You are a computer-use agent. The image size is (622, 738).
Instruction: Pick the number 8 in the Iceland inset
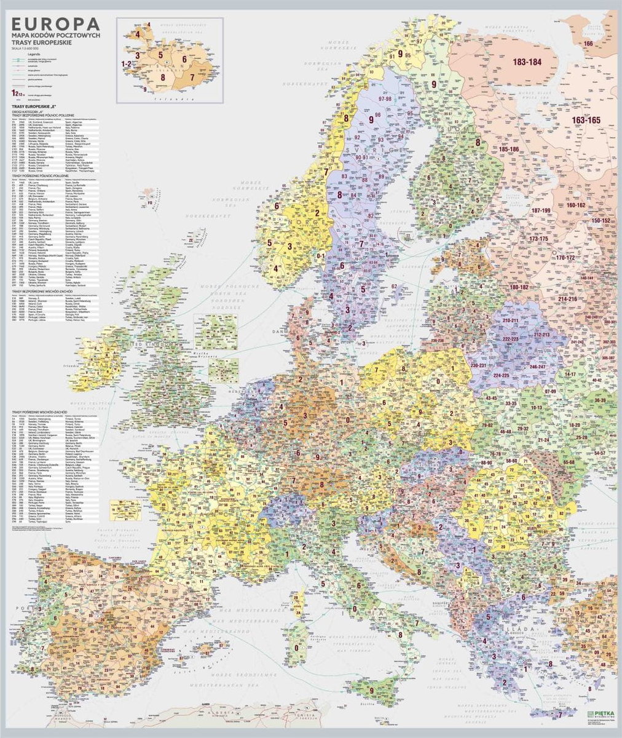coord(163,77)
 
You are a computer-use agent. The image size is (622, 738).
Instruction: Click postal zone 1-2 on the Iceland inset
coord(127,63)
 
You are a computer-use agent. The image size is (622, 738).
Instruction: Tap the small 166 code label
coord(588,44)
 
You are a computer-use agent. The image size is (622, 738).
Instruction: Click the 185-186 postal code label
coord(512,149)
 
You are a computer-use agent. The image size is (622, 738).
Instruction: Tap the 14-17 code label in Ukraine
coord(570,374)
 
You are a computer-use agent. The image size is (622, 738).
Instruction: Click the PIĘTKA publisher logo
coord(600,713)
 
